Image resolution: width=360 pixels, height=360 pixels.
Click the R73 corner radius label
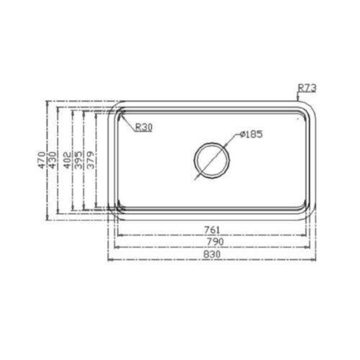coord(307,89)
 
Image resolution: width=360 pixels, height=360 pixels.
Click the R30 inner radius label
coord(144,127)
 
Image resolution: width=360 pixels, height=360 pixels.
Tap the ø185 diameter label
coord(252,134)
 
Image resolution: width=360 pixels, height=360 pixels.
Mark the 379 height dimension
coord(91,159)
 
